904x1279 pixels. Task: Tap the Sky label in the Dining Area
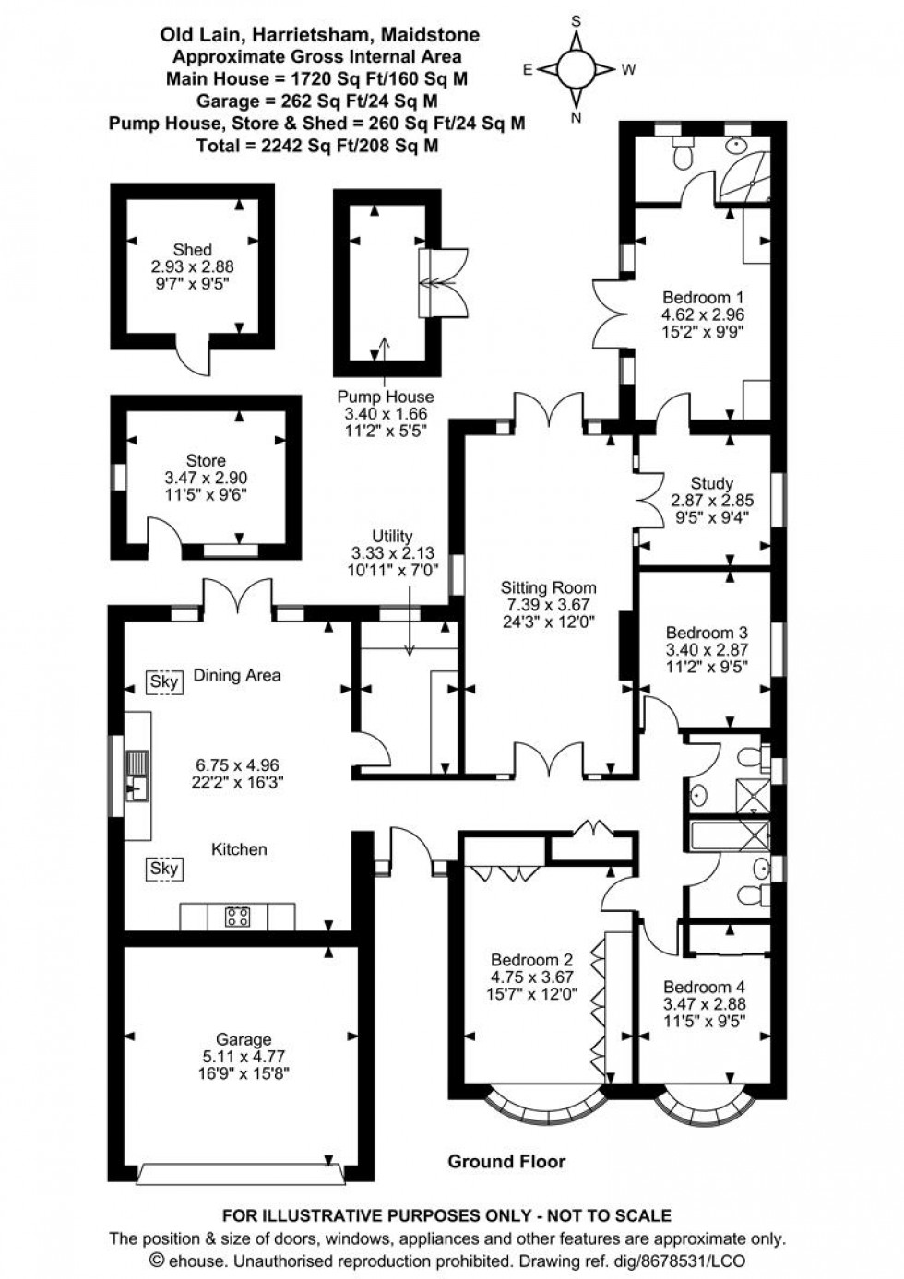pyautogui.click(x=164, y=682)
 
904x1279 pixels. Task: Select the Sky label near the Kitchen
pyautogui.click(x=164, y=869)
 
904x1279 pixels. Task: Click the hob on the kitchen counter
pyautogui.click(x=237, y=917)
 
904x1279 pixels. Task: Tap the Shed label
pyautogui.click(x=192, y=249)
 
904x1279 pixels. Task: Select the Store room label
pyautogui.click(x=206, y=460)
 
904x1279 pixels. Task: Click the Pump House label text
pyautogui.click(x=385, y=397)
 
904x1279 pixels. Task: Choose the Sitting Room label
pyautogui.click(x=548, y=587)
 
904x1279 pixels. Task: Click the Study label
pyautogui.click(x=711, y=483)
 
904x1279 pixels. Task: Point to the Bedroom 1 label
pyautogui.click(x=703, y=297)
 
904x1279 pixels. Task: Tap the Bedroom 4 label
pyautogui.click(x=704, y=986)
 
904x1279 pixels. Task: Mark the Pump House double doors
pyautogui.click(x=443, y=283)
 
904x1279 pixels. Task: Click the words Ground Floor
pyautogui.click(x=506, y=1161)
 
